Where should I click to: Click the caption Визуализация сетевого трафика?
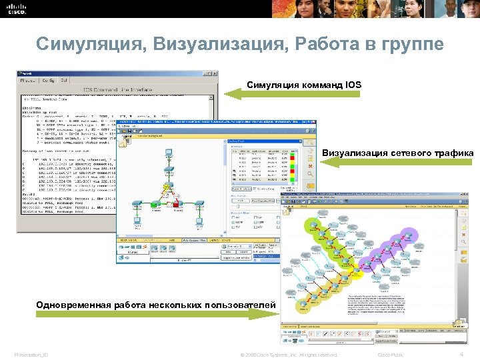397,153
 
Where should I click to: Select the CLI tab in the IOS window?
64,80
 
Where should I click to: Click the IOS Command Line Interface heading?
117,89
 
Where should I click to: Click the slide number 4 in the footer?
462,353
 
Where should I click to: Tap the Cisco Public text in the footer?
391,354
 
